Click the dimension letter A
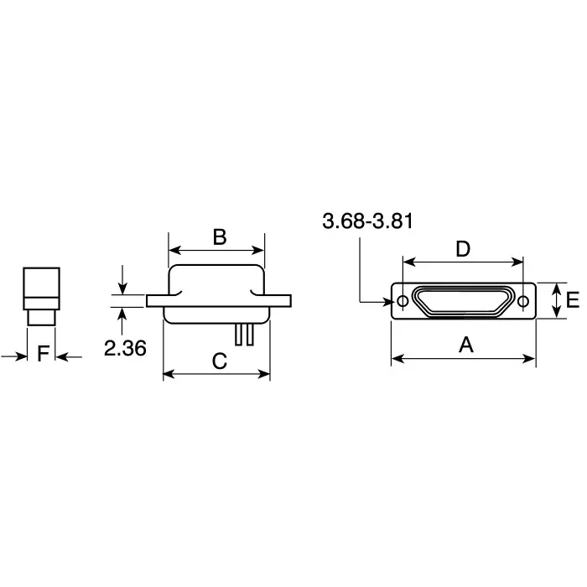pos(463,344)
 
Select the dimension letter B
pos(219,236)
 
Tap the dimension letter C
pos(218,361)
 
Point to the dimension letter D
pos(462,248)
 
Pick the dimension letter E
pos(573,300)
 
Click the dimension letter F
pos(43,354)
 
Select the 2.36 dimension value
pos(125,348)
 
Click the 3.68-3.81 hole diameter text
pos(367,221)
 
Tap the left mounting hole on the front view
pos(403,301)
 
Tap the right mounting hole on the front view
pos(523,301)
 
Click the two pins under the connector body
pos(243,334)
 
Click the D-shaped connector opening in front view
pos(462,301)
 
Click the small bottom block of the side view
pos(40,318)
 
